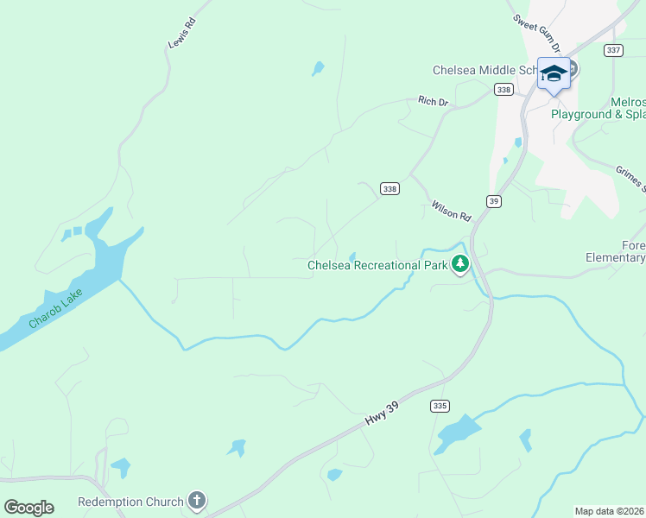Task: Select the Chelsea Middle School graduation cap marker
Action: coord(554,73)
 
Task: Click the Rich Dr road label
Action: coord(434,101)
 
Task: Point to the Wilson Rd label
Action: coord(452,210)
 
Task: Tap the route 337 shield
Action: coord(614,50)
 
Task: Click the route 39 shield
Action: coord(493,201)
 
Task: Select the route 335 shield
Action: coord(440,406)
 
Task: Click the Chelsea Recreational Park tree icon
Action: coord(460,264)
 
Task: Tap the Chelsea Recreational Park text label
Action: coord(377,265)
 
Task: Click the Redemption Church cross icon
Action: coord(198,501)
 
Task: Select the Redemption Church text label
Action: coord(130,502)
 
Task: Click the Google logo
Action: coord(28,507)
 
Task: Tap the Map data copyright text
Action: coord(610,511)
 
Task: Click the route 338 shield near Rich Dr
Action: coord(503,90)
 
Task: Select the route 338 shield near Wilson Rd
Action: coord(389,189)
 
